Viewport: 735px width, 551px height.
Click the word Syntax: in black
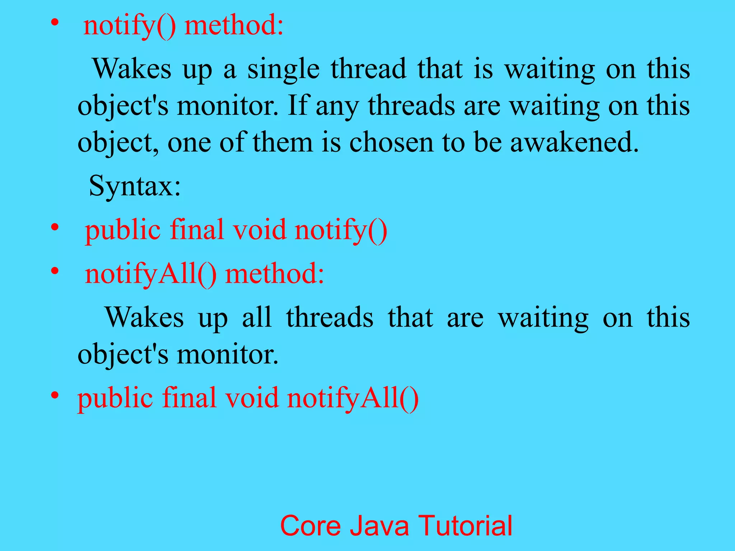click(135, 186)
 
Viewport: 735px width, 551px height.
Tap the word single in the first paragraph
click(284, 69)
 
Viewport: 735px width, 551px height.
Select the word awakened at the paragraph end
click(574, 142)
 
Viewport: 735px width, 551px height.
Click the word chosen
click(392, 142)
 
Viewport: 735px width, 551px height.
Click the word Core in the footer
click(310, 526)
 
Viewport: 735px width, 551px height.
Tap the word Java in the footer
click(379, 526)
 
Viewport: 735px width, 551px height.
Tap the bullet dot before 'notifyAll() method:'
click(55, 271)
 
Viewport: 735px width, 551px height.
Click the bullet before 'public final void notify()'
click(55, 227)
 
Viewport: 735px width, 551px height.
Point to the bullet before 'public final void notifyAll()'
click(55, 395)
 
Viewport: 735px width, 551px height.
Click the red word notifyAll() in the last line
click(353, 398)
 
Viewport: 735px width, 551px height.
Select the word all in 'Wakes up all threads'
click(257, 317)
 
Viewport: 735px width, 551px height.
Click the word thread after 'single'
click(369, 69)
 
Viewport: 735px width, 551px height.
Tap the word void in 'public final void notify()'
click(260, 230)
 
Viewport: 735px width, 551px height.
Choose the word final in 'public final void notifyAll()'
click(189, 398)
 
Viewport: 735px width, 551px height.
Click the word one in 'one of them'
click(189, 142)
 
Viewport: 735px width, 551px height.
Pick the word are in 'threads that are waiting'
click(465, 317)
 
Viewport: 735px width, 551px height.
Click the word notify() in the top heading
click(130, 26)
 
